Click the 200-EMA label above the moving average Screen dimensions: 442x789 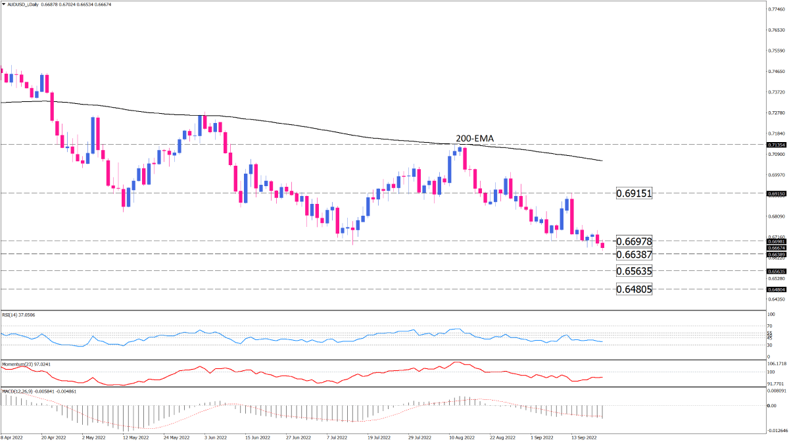[x=475, y=139]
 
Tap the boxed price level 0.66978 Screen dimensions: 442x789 [x=634, y=241]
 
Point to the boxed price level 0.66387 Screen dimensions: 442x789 [x=634, y=254]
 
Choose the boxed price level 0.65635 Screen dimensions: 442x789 [x=634, y=271]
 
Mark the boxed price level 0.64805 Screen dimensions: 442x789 [x=634, y=289]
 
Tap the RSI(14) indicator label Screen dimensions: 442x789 [x=20, y=316]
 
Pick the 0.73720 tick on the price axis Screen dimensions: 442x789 [x=777, y=92]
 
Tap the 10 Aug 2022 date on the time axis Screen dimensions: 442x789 [x=461, y=436]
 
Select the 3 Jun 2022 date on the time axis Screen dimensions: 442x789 [x=216, y=436]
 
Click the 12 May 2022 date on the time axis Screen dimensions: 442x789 [x=135, y=436]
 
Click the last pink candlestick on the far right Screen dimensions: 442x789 [x=603, y=246]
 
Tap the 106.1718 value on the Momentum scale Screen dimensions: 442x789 [x=777, y=363]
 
